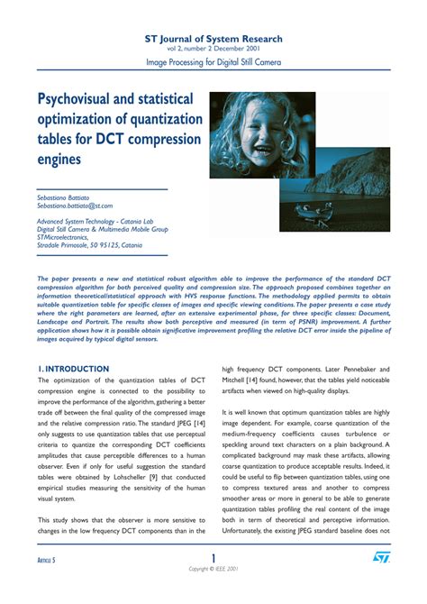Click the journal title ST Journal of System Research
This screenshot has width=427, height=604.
pyautogui.click(x=213, y=39)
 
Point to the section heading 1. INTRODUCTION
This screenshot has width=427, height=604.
pyautogui.click(x=73, y=343)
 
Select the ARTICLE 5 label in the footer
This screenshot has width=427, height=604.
pyautogui.click(x=41, y=561)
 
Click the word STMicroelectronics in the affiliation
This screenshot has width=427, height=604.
pyautogui.click(x=65, y=237)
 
